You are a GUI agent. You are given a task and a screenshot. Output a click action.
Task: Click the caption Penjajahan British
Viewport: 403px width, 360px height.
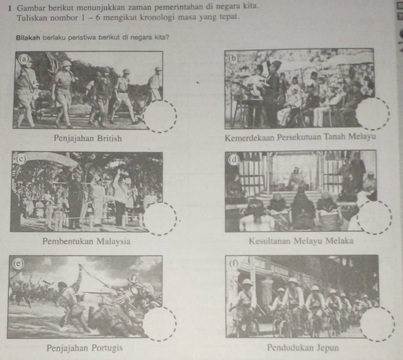point(88,138)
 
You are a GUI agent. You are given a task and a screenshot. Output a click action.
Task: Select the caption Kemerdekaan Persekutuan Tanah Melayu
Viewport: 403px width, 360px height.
point(300,137)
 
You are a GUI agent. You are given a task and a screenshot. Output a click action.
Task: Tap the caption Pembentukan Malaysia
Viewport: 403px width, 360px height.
point(87,241)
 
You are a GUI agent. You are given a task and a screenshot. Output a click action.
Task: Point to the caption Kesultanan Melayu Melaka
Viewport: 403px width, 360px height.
point(301,241)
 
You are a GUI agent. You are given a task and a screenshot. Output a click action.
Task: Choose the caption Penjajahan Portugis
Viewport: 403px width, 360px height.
point(85,348)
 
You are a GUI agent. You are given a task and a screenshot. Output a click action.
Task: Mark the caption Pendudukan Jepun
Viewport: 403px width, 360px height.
point(303,348)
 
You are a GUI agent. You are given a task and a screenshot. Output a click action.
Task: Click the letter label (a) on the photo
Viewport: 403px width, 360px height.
point(24,60)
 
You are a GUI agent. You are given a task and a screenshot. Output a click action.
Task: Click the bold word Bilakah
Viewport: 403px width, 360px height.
point(29,38)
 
